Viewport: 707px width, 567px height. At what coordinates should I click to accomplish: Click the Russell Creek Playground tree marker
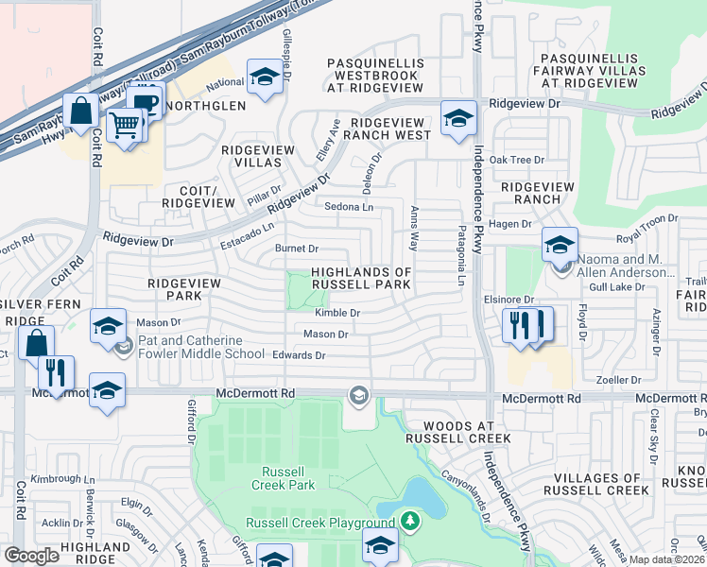409,522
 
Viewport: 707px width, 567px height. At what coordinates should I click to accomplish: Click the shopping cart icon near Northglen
123,124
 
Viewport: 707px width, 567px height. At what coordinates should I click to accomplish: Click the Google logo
31,556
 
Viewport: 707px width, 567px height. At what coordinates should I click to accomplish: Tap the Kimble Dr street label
338,313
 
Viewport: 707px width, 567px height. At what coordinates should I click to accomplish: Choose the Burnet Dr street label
296,249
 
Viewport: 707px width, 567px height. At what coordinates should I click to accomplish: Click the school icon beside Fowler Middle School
109,326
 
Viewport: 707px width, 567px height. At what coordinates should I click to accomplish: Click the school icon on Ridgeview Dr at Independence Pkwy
458,118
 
